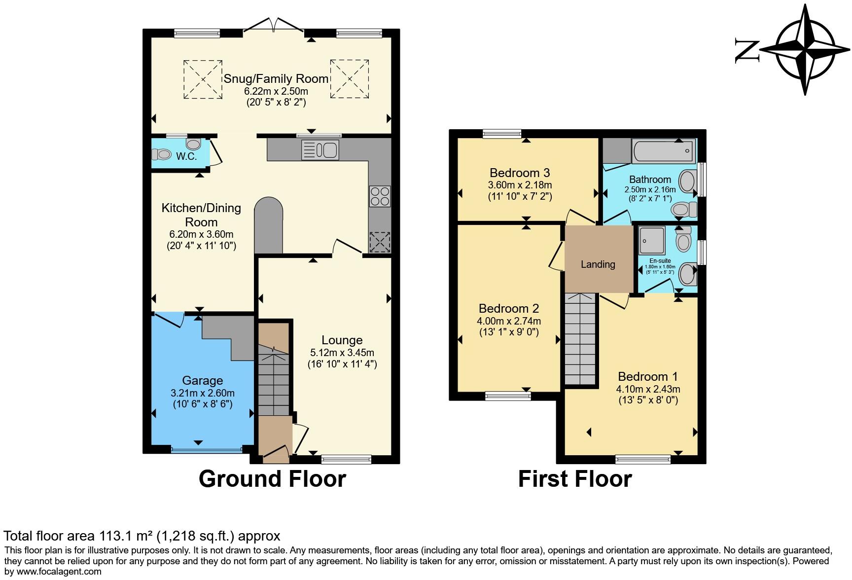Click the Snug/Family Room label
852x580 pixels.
coord(276,79)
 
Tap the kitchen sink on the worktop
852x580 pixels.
coord(319,150)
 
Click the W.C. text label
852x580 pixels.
coord(186,157)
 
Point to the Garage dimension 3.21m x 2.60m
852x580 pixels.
coord(203,394)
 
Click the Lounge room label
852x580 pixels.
coord(342,340)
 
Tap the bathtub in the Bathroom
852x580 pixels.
coord(664,151)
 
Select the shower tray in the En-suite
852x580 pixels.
coord(652,239)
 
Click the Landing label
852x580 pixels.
coord(598,264)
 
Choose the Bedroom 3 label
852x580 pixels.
coord(520,173)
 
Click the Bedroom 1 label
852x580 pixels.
coord(648,377)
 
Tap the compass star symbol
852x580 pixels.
coord(806,50)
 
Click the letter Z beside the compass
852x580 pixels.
coord(745,50)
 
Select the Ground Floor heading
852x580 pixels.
coord(272,479)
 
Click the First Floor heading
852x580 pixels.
coord(575,479)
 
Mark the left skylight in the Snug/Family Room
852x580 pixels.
coord(203,79)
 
